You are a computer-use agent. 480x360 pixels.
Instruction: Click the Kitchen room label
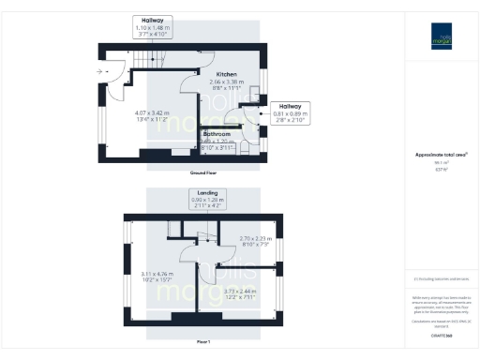pos(226,74)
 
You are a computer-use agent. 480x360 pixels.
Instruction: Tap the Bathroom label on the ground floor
pos(217,134)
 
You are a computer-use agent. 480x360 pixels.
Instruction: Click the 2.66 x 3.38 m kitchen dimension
pos(226,82)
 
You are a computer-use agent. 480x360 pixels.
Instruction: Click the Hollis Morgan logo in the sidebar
pos(442,36)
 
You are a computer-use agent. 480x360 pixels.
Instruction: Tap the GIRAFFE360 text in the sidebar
pos(442,334)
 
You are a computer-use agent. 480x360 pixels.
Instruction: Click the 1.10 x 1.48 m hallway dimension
pos(152,27)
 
